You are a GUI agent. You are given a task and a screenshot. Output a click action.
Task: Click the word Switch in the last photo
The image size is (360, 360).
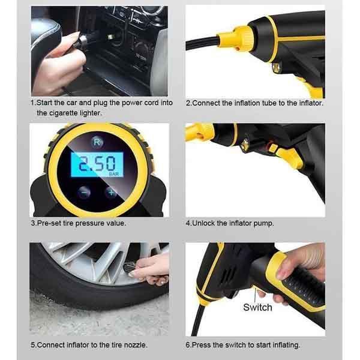pyautogui.click(x=257, y=307)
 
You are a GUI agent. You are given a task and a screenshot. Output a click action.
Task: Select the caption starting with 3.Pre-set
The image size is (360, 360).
pyautogui.click(x=79, y=223)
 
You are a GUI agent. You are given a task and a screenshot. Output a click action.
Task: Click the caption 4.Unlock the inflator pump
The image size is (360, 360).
pyautogui.click(x=229, y=223)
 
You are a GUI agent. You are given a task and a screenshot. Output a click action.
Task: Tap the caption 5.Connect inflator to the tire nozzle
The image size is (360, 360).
pyautogui.click(x=89, y=345)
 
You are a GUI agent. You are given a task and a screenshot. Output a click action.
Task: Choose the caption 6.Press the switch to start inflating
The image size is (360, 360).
pyautogui.click(x=242, y=345)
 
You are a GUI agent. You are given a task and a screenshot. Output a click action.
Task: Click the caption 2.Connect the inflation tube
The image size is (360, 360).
pyautogui.click(x=254, y=103)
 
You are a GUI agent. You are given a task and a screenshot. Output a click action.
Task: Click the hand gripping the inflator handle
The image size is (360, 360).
pyautogui.click(x=300, y=264)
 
